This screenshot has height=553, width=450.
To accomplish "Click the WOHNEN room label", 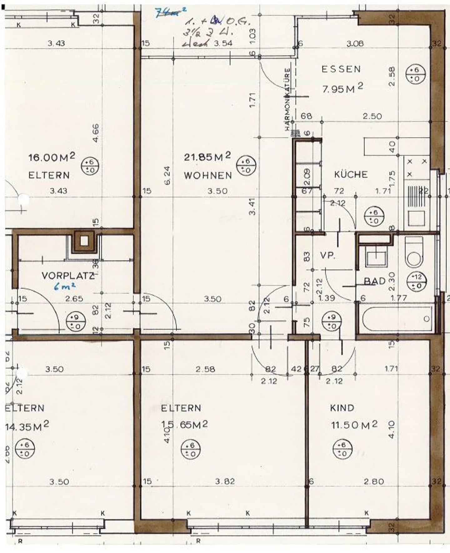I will tap(208, 175).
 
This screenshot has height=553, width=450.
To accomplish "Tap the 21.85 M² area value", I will tap(207, 156).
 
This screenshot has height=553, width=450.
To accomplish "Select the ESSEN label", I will tap(341, 69).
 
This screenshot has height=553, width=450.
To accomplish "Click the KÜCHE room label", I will tap(351, 175).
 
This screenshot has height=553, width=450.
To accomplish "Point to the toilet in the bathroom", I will tap(414, 252).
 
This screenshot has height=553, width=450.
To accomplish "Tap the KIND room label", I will tap(342, 408).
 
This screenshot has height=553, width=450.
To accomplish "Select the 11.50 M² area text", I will tap(354, 425).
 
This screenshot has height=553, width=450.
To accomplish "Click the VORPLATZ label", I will tap(68, 276).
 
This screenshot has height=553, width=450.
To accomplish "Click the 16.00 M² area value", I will tap(52, 157).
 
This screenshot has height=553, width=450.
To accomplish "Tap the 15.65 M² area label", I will tap(184, 424).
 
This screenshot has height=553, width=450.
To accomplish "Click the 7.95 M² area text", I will tap(342, 89).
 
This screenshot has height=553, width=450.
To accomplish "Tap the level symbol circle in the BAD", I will tap(417, 281).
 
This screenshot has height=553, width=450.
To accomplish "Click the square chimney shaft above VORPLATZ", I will tap(84, 241).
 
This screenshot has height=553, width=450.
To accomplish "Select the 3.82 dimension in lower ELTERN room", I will tap(225, 481).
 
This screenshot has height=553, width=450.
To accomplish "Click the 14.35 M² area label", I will tap(27, 426).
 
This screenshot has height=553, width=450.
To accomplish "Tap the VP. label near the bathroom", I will tap(327, 256).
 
